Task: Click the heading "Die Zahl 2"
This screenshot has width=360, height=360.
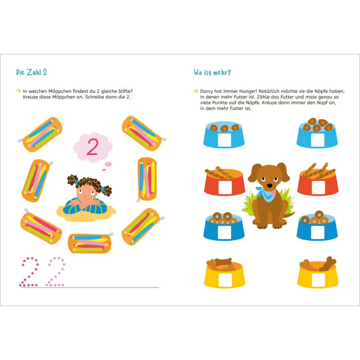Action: coord(31,72)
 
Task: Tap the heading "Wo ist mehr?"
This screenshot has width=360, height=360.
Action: coord(212,72)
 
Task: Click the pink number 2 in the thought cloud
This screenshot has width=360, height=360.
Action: coord(93,147)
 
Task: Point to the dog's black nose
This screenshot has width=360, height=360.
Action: coord(270,185)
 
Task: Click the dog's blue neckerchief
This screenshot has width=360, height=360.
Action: coord(266,194)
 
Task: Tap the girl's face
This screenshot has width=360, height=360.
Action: coord(85,193)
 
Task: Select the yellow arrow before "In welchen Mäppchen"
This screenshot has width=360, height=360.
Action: coord(18,91)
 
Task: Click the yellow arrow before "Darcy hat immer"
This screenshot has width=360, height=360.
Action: coord(196,91)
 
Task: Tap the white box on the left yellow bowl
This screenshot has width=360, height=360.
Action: coord(225,280)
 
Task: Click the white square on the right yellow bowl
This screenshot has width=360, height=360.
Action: coord(318,280)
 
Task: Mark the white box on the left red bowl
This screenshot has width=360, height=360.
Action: coord(225,187)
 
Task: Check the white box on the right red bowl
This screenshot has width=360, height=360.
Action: coord(318,187)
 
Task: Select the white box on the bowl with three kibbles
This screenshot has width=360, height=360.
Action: coord(224,139)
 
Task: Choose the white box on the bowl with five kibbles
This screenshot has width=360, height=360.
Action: coord(318,139)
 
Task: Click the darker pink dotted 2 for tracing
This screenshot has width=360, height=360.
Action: coord(29,272)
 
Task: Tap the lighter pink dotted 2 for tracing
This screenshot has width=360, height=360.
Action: coord(55,272)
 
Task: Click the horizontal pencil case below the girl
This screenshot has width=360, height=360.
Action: coord(90,243)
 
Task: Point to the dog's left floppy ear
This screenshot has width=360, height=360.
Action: coord(254,173)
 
